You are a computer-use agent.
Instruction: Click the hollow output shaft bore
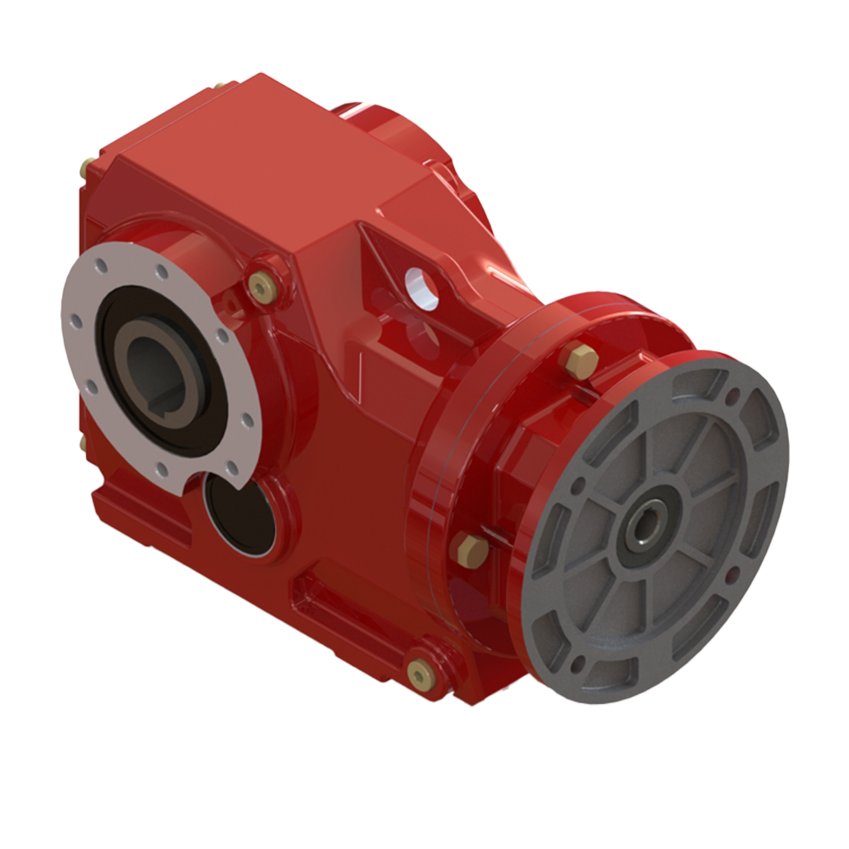tap(152, 360)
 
